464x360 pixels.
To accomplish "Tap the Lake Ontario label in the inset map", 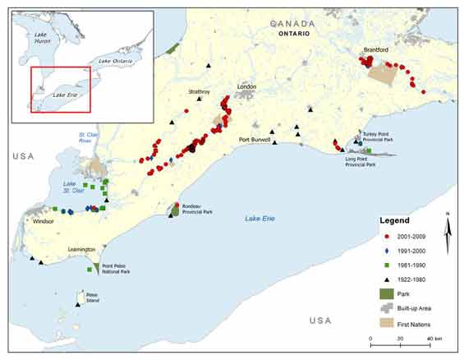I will coord(116,61).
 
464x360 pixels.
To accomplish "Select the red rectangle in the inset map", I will coord(61,89).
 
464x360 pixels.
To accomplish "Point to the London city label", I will coord(246,86).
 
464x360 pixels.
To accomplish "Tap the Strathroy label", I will coord(200,91).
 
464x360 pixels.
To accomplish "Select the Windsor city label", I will coord(44,221).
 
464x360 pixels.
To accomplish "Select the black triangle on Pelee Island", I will coord(78,305).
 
